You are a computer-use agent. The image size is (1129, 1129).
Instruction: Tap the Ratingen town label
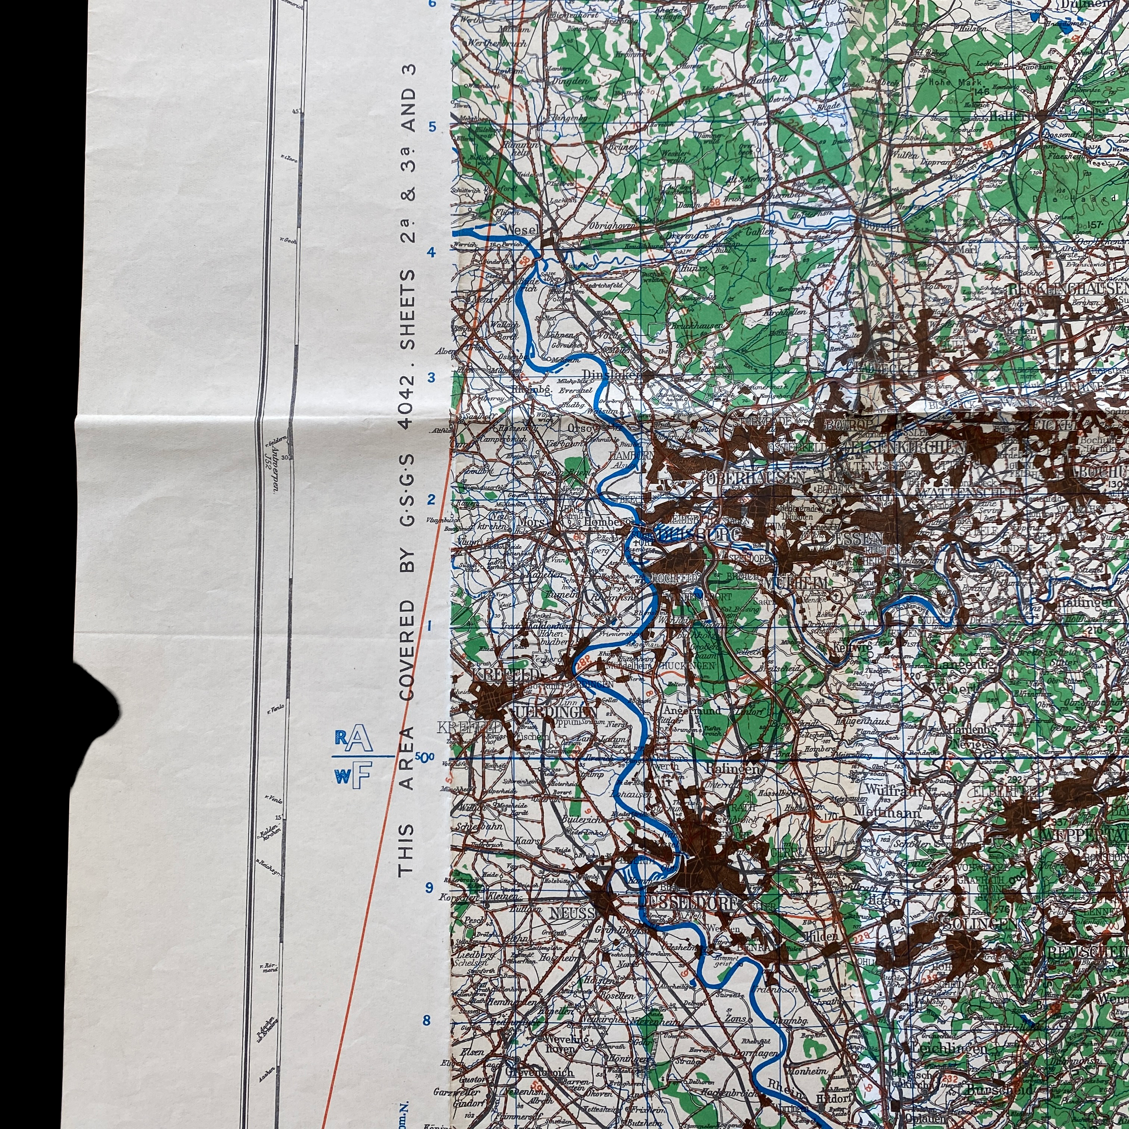coord(733,769)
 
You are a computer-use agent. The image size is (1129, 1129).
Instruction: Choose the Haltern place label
coord(1012,117)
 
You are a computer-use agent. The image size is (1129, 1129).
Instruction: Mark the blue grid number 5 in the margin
coord(433,126)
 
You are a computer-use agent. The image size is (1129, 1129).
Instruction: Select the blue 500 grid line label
coord(425,757)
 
